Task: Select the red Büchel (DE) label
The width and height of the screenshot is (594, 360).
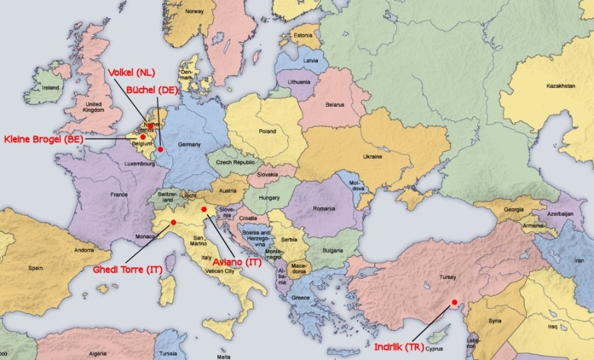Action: pos(152,90)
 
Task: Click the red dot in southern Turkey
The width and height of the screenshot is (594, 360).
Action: pos(454,302)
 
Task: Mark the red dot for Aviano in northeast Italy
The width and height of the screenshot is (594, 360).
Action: pos(203,209)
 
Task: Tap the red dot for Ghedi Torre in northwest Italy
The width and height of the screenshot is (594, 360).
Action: pos(173,222)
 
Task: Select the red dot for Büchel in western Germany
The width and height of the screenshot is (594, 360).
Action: pos(160,149)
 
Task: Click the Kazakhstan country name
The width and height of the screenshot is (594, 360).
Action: pos(560,86)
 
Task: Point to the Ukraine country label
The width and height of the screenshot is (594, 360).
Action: pos(372,157)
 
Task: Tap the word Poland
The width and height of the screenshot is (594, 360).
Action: pos(268,131)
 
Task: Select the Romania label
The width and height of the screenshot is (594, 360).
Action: pos(324,209)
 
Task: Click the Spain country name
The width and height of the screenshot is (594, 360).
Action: pos(36,268)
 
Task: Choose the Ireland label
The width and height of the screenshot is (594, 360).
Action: pos(50,89)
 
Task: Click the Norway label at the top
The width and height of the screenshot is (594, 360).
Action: pos(194,12)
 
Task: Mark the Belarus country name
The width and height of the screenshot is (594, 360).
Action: pos(335,106)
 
